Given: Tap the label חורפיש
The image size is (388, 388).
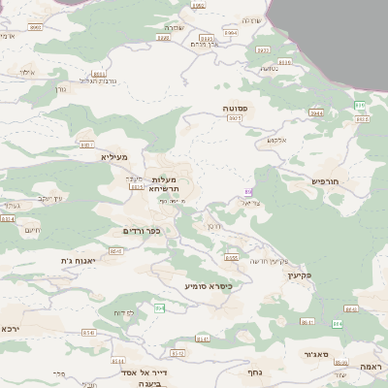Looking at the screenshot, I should tap(329, 180).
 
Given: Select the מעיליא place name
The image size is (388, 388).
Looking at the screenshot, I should tap(113, 156).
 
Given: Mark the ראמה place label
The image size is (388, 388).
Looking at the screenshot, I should tap(370, 367).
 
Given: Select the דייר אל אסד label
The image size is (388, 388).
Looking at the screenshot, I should tap(140, 372).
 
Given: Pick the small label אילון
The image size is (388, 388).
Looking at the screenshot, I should tap(26, 73).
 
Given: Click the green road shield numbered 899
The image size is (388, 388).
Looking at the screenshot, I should tap(360, 105).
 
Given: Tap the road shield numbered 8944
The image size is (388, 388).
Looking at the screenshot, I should tap(316, 113).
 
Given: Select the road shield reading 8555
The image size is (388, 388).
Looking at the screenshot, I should tap(231, 258).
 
